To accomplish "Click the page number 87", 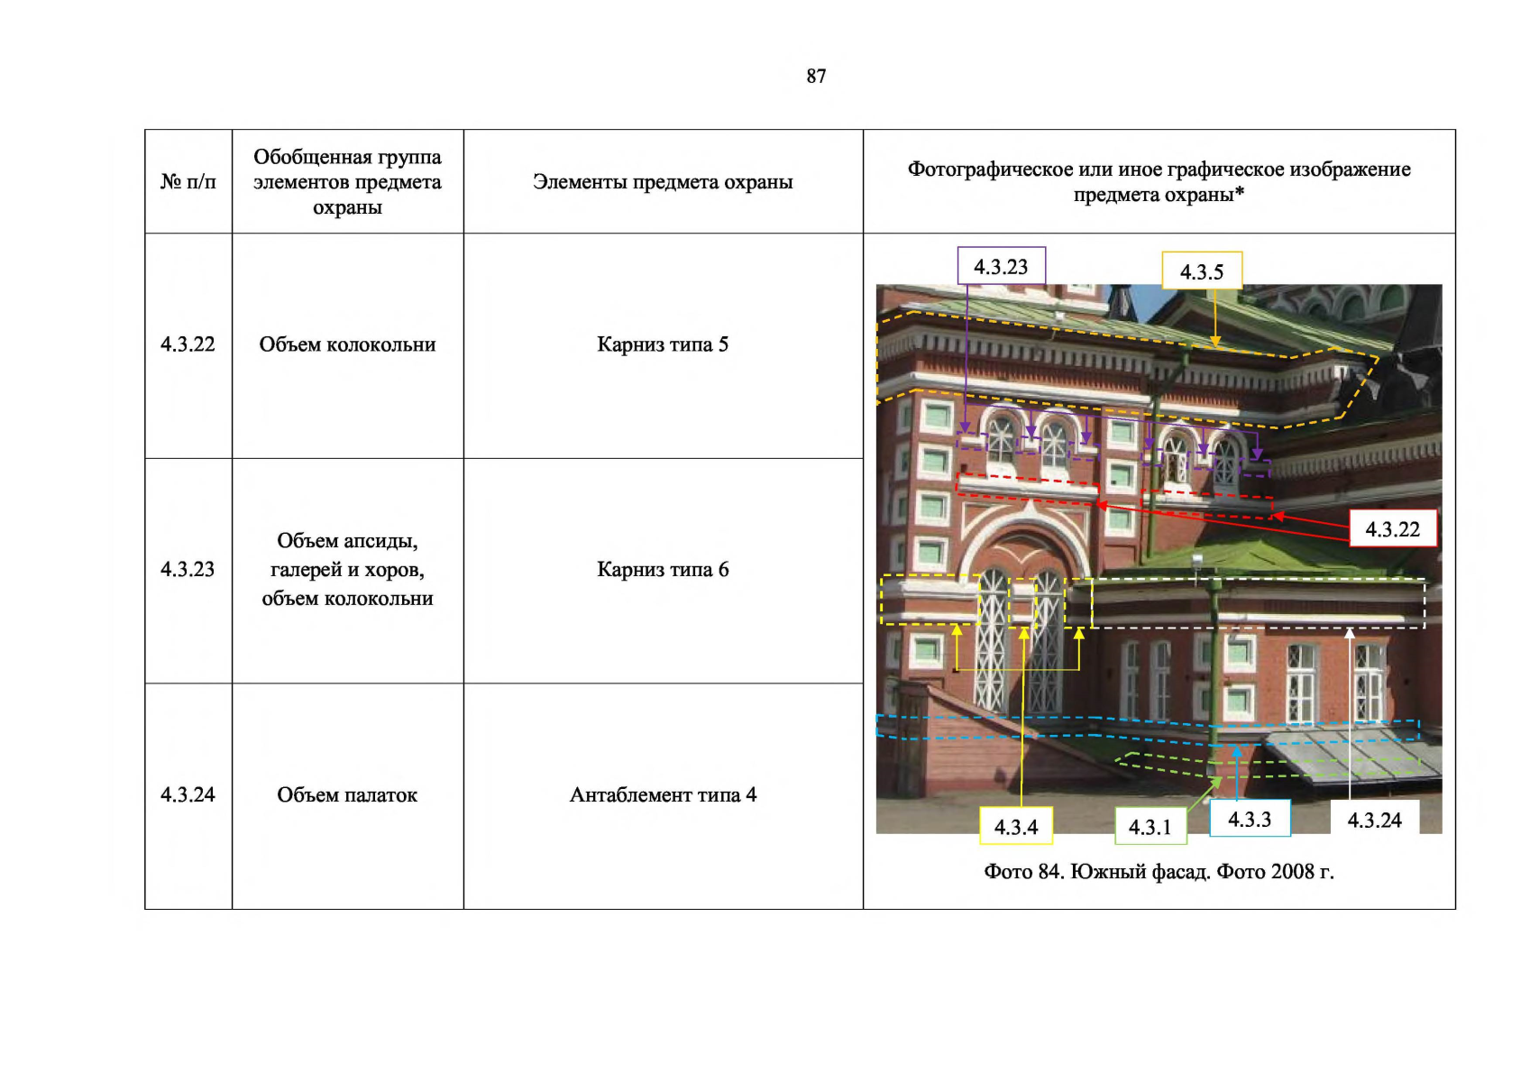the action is [816, 76].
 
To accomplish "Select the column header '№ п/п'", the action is [188, 182].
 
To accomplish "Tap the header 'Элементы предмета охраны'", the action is [663, 182].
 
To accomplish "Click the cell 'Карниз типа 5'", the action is [663, 344].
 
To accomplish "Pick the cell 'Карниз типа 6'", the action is [663, 569].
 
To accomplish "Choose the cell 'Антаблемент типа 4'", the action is [663, 794].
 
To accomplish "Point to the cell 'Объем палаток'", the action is [347, 794].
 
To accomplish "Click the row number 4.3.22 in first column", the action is [188, 344].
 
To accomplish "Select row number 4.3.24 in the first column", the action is [188, 794].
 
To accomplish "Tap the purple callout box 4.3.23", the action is [1002, 266].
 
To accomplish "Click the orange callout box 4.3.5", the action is [1202, 271].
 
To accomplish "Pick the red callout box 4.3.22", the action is [1393, 528].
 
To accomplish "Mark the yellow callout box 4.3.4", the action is [1016, 827].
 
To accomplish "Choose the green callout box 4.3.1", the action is [1150, 827].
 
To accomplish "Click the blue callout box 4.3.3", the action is [1250, 819].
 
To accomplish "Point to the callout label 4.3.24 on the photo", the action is [1374, 819].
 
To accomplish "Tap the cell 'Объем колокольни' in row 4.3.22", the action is [347, 344].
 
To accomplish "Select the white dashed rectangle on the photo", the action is [1258, 580].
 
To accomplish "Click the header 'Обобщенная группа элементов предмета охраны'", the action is [347, 182].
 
